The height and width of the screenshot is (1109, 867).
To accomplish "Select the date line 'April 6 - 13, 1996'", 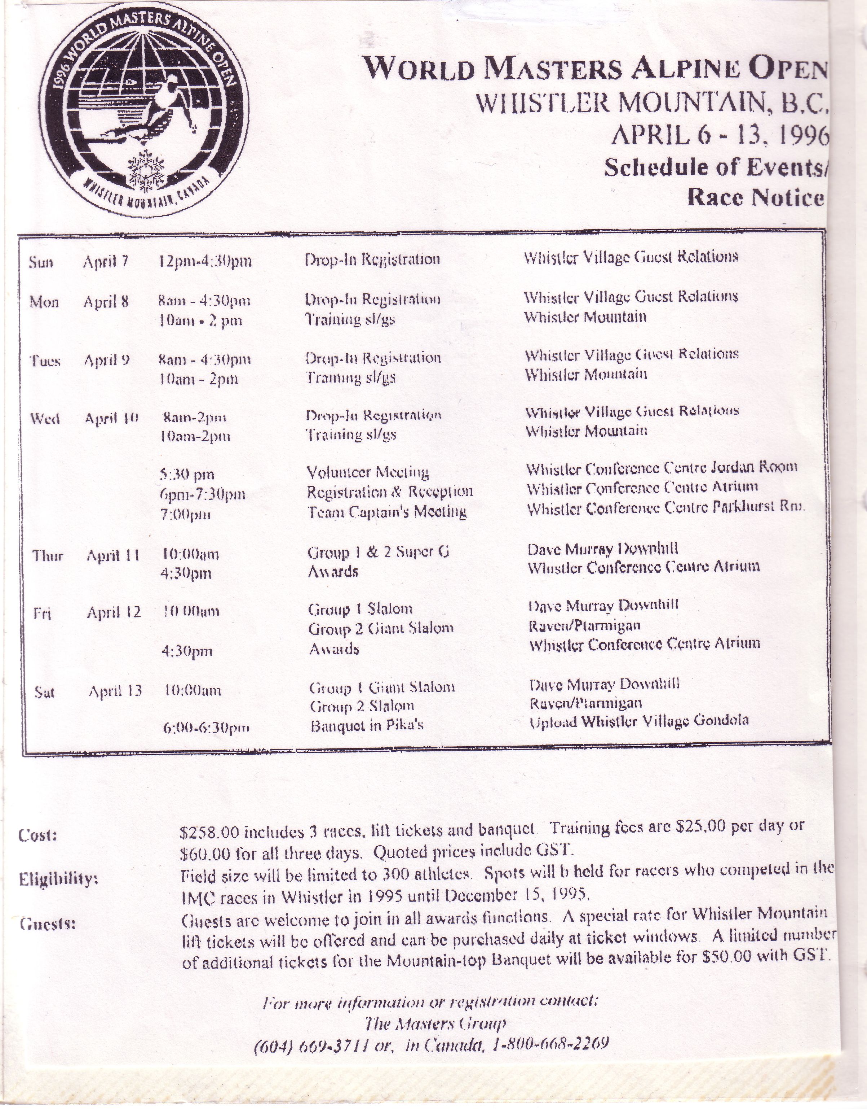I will click(x=720, y=136).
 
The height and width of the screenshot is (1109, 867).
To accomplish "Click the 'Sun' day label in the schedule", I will click(x=41, y=263).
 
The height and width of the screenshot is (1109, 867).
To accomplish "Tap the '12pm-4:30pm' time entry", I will click(x=205, y=261).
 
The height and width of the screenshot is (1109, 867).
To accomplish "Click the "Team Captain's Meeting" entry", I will click(x=387, y=512).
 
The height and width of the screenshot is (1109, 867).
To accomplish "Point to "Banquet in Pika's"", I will click(x=367, y=725).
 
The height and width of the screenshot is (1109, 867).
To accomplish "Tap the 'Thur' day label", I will click(x=48, y=555).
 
